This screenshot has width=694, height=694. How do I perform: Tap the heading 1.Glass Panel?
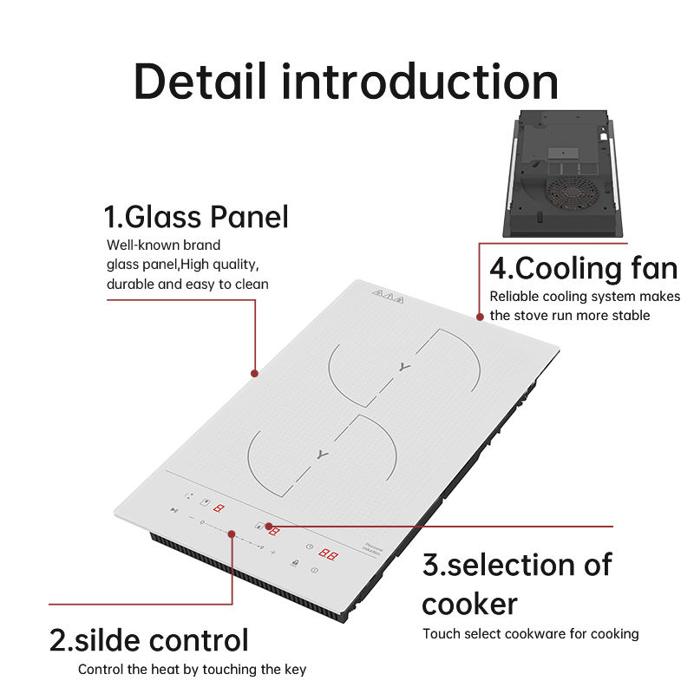[x=196, y=216]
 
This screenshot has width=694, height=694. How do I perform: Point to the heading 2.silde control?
[x=148, y=640]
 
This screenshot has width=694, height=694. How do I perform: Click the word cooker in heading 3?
[x=469, y=603]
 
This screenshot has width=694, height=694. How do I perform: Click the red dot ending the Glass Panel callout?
[x=254, y=374]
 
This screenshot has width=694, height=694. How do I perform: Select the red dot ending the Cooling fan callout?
[x=478, y=318]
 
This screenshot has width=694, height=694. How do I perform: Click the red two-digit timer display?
[x=327, y=553]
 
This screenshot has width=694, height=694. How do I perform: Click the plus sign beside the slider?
[x=273, y=552]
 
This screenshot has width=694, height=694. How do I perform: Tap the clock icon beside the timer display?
[x=308, y=546]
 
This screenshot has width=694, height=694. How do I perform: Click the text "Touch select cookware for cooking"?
[x=530, y=633]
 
